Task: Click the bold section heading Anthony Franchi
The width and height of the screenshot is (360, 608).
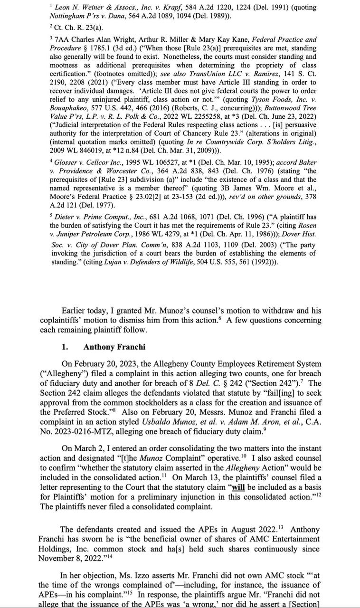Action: point(114,347)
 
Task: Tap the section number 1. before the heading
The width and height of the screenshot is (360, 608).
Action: point(66,347)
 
